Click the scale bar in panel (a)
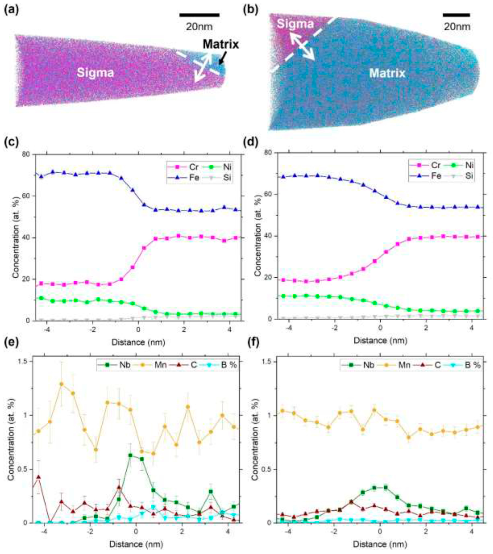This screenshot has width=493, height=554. pyautogui.click(x=199, y=15)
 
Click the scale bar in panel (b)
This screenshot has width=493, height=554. pyautogui.click(x=456, y=15)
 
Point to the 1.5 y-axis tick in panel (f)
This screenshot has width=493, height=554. pyautogui.click(x=268, y=362)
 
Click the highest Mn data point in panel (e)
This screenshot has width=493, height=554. pyautogui.click(x=62, y=384)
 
